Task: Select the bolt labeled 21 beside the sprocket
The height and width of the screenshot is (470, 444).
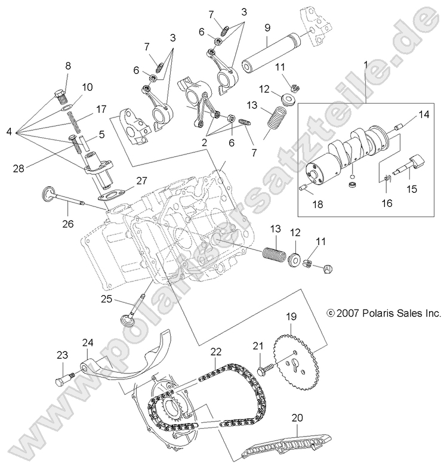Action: [x=263, y=370]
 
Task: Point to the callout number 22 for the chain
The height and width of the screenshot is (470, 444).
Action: [x=215, y=352]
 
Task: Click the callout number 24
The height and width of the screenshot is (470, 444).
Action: [x=88, y=342]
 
